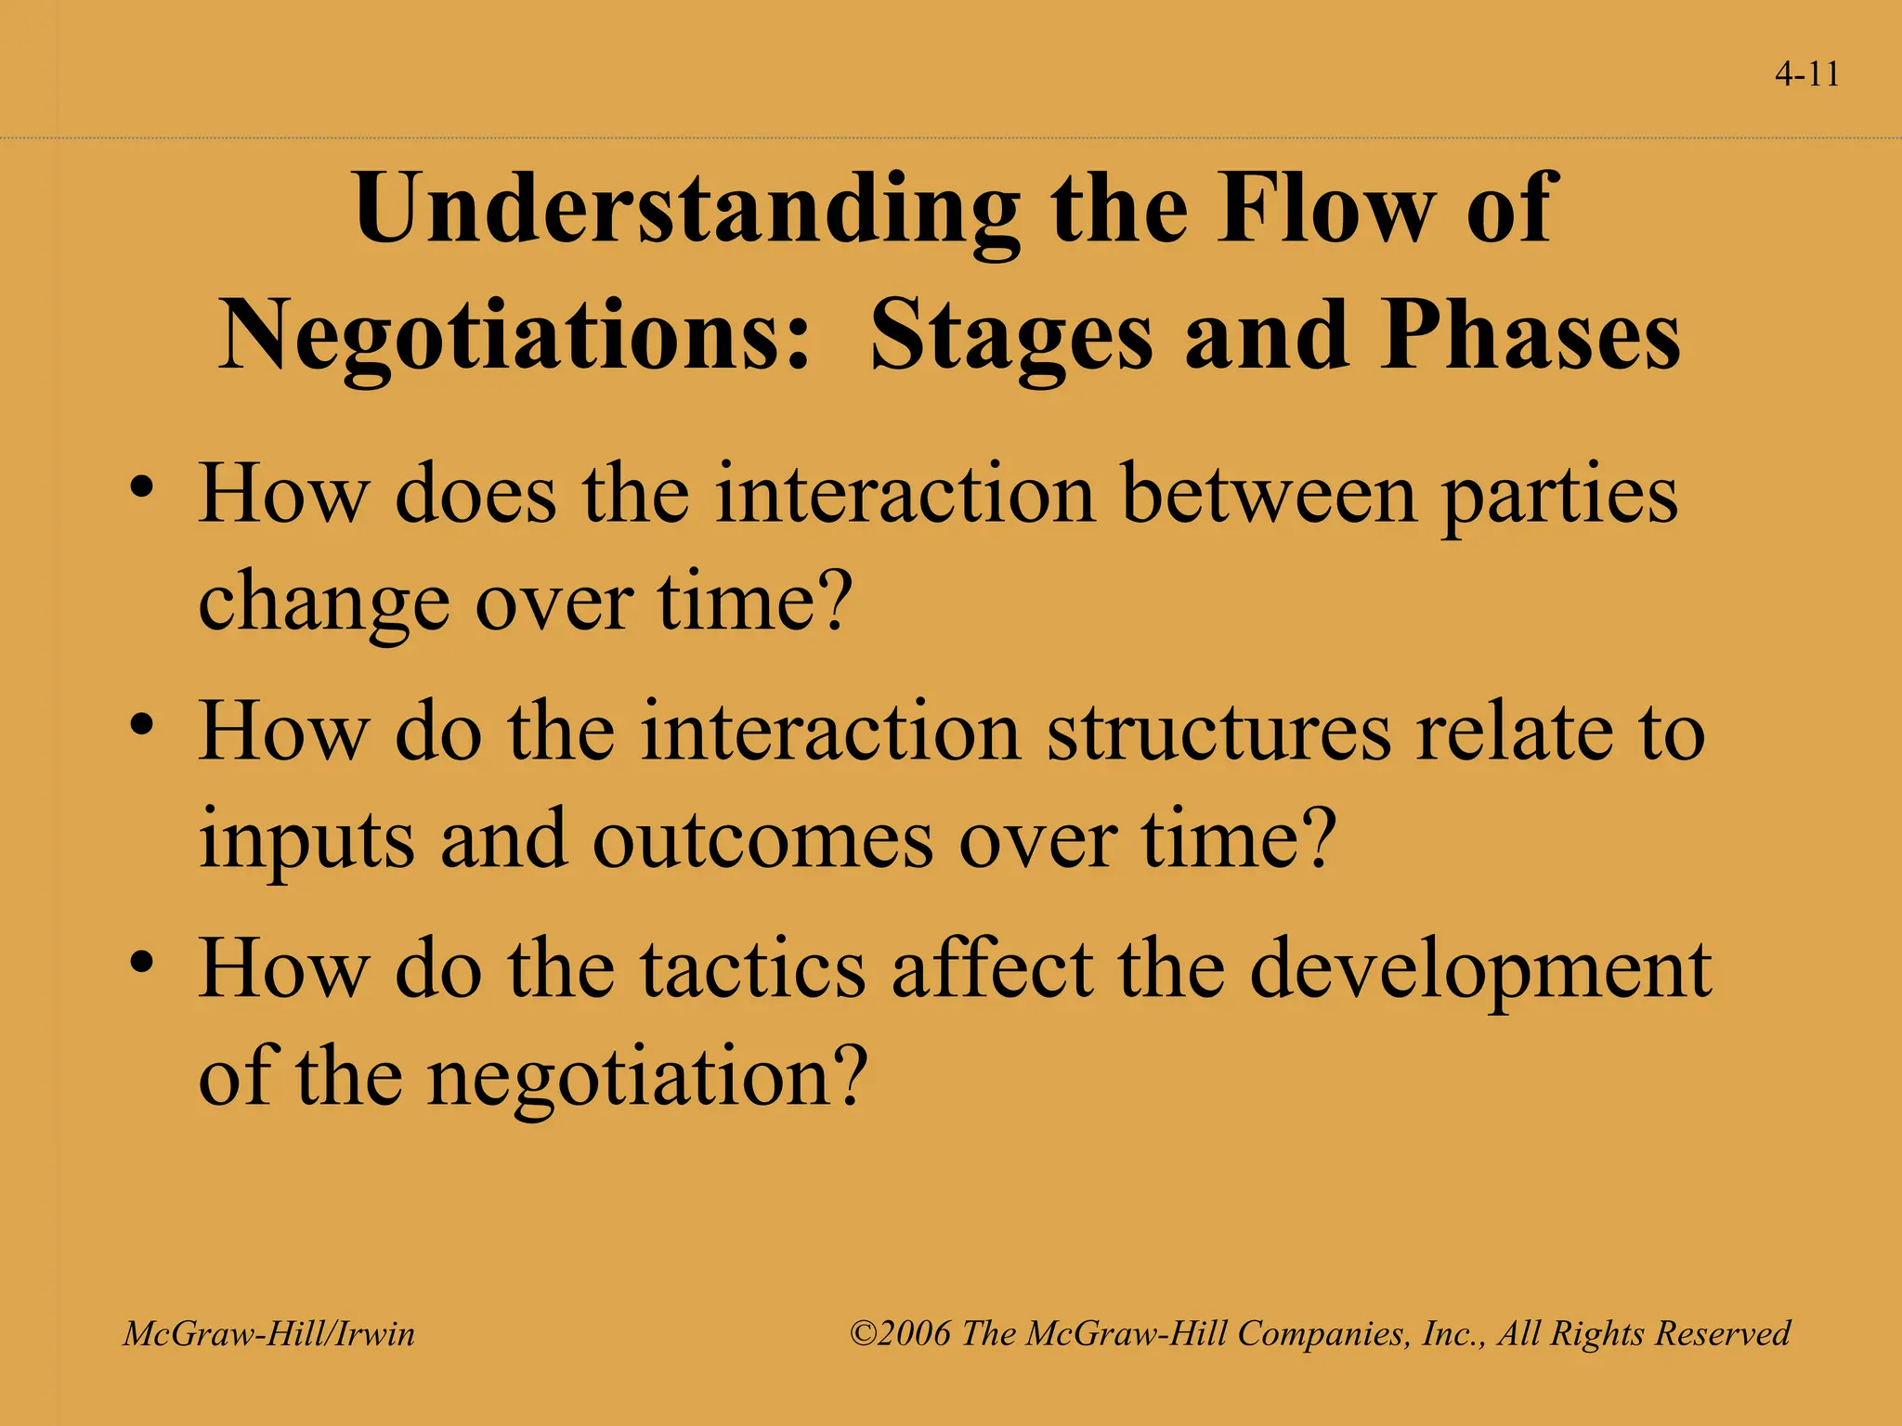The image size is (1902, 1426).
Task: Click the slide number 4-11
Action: (x=1806, y=74)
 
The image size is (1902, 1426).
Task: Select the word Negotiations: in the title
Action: (x=515, y=336)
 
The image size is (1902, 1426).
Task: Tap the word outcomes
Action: (x=762, y=840)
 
